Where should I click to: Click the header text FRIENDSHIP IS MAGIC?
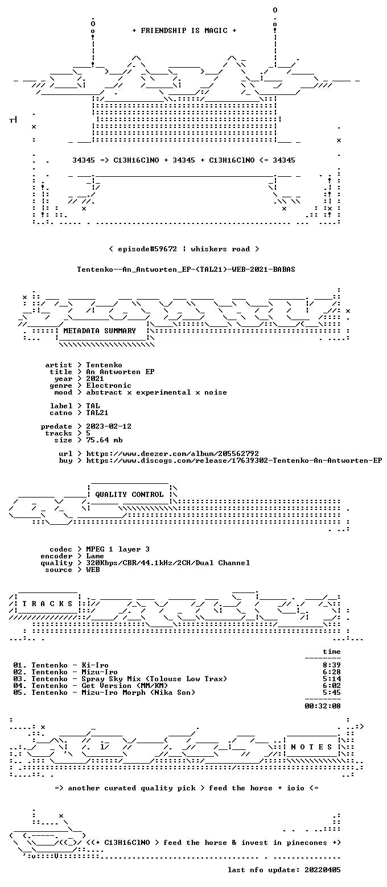tap(184, 31)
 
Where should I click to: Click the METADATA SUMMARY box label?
tap(100, 331)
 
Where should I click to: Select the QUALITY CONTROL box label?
tap(129, 495)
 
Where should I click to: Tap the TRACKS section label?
tap(47, 604)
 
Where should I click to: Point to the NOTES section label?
tap(311, 747)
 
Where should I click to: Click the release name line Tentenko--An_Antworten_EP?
tap(186, 270)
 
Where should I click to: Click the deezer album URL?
tap(172, 454)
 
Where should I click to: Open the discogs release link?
tap(234, 461)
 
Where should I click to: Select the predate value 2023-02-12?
tap(109, 426)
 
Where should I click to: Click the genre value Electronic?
tap(109, 386)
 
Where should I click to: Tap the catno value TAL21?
tap(97, 413)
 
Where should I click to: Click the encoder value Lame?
tap(95, 556)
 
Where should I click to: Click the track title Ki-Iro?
tap(95, 665)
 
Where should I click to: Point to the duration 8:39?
tap(331, 665)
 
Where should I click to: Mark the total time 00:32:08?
tap(323, 706)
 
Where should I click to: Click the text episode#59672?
tap(147, 248)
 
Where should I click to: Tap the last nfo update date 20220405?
tap(323, 870)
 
